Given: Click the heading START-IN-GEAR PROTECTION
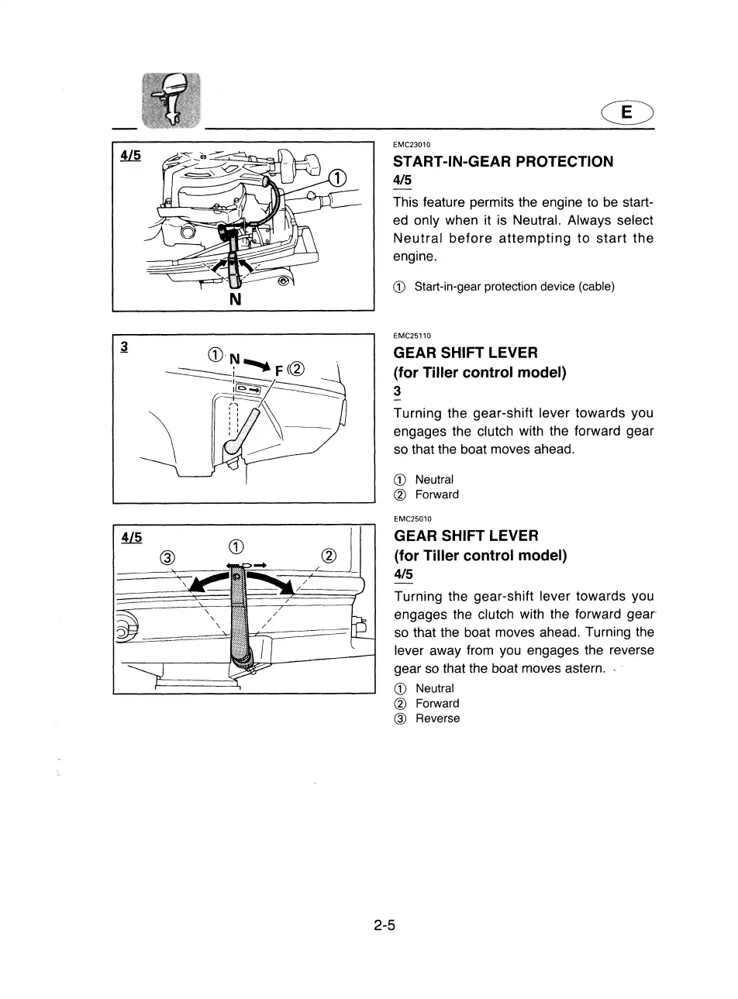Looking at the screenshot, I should coord(503,161).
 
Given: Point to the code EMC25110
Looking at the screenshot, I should coord(412,336).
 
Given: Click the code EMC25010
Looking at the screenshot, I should coord(412,518).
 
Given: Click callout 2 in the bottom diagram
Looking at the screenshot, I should coord(329,556).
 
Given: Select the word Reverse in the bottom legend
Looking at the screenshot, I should coord(437,718).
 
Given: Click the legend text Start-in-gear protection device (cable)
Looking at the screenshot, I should coord(514,287).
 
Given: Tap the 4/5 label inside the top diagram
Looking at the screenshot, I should coord(130,156).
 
